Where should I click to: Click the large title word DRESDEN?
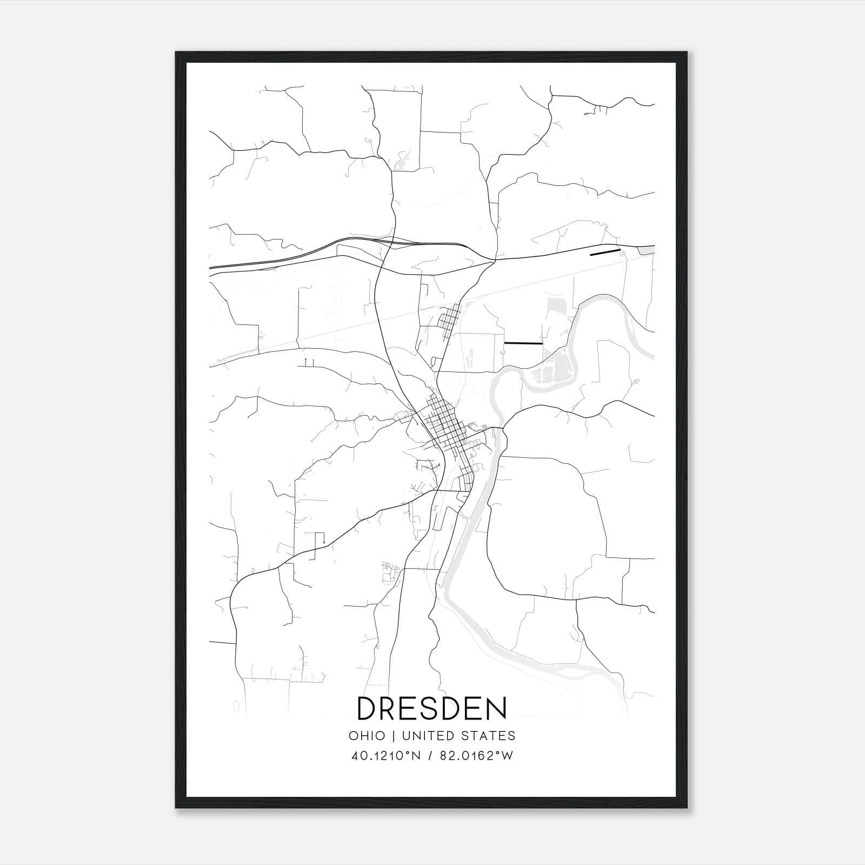[432, 708]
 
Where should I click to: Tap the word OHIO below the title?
[367, 736]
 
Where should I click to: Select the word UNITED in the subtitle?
[423, 736]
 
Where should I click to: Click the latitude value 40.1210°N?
[385, 756]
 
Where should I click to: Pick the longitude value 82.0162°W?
[475, 756]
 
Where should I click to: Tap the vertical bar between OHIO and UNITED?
[394, 736]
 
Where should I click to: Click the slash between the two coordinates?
[430, 756]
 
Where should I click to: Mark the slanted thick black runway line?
[605, 251]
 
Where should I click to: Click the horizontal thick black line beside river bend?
[523, 343]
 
